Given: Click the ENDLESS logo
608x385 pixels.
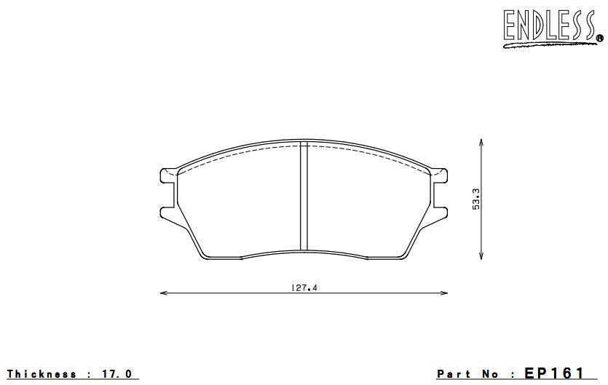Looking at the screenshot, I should coord(550,26).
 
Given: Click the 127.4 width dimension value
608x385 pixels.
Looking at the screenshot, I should coord(304,287).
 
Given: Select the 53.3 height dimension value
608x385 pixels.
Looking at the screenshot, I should coord(476,198).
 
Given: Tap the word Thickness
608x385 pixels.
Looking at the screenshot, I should coord(42,374).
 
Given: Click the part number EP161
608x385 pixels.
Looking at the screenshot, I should coord(554,373).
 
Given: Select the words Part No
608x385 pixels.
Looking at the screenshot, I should coord(468,374).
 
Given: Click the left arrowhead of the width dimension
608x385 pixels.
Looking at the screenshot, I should coord(162,293).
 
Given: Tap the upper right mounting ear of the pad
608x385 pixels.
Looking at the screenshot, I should coord(441,175).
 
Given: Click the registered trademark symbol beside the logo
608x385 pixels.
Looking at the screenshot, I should coord(599,39).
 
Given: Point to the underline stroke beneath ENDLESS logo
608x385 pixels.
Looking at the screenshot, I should coord(546,46).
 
